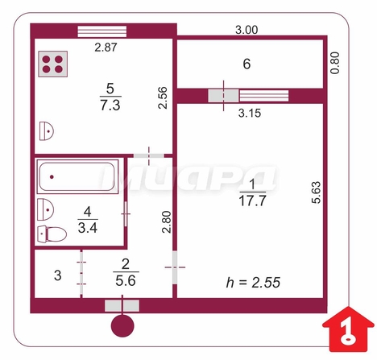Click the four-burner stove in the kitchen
(52, 64)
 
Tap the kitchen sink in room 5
(46, 131)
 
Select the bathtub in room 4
(77, 176)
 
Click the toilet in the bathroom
(52, 234)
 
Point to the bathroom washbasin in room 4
(45, 209)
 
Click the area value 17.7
(252, 201)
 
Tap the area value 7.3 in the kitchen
(110, 105)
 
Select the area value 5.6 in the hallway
(126, 281)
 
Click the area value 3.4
(88, 228)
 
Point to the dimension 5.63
(316, 192)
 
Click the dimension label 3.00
(246, 30)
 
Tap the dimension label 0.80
(335, 63)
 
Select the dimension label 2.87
(106, 48)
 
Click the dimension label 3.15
(250, 113)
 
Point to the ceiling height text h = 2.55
(253, 283)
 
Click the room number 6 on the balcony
(246, 64)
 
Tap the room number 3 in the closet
(57, 275)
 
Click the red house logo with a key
(348, 329)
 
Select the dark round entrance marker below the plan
(122, 326)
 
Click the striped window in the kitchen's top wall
(102, 31)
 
